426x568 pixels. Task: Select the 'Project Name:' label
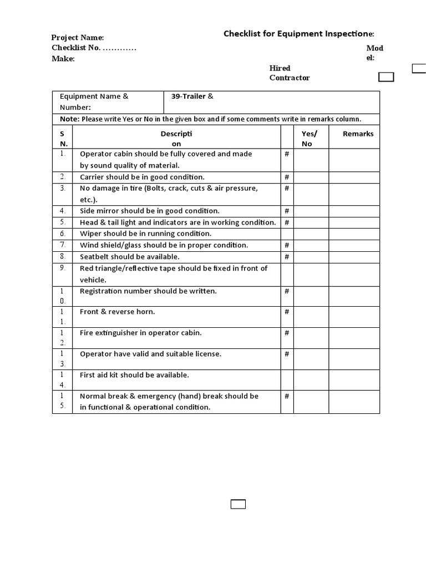[x=78, y=37]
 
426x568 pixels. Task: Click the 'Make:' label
[x=63, y=59]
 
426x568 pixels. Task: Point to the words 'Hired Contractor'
[x=289, y=73]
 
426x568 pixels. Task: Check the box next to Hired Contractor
[x=386, y=77]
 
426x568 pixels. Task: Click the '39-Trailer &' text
[x=192, y=97]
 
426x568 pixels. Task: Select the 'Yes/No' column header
[x=309, y=138]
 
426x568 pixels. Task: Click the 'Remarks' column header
[x=358, y=134]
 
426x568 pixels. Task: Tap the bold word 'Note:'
[x=69, y=119]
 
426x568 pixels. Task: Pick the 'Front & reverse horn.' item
[x=118, y=312]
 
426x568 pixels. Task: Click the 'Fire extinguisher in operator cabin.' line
[x=141, y=333]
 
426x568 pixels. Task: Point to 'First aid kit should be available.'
[x=135, y=375]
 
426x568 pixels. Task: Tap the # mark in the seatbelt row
[x=287, y=257]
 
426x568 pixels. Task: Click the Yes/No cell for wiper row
[x=311, y=234]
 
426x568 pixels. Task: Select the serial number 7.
[x=63, y=245]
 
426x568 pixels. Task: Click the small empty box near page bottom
[x=238, y=504]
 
